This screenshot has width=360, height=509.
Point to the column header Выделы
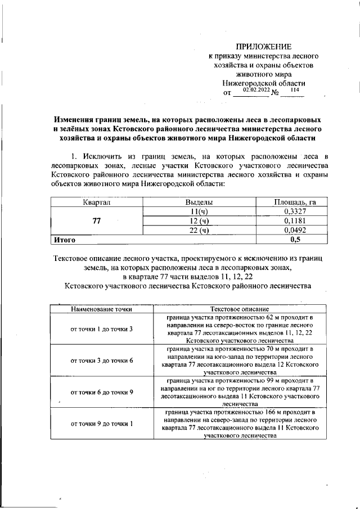coord(199,201)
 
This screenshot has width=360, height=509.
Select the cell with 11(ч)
coord(199,211)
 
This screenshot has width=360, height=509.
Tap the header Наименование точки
coord(101,309)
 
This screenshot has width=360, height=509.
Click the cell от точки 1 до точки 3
coord(101,328)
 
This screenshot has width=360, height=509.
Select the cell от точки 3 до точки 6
coord(101,360)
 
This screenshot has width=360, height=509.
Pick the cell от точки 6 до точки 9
coord(101,391)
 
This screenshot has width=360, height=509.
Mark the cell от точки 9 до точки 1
coord(101,423)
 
